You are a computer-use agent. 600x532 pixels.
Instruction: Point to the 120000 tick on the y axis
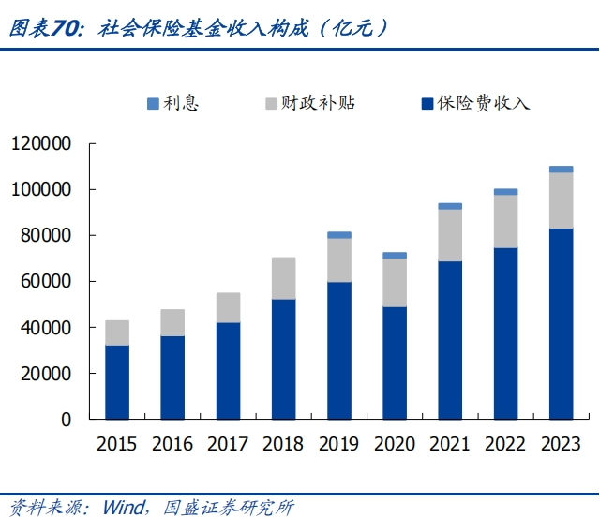(41, 144)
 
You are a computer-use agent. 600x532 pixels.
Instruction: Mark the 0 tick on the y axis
(67, 420)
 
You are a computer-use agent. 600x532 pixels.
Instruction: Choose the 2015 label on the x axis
(116, 444)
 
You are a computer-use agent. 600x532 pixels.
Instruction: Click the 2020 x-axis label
(395, 444)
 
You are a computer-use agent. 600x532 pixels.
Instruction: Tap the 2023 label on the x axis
(561, 444)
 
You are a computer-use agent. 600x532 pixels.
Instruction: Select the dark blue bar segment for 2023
(561, 323)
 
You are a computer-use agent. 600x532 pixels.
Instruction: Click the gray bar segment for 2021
(450, 235)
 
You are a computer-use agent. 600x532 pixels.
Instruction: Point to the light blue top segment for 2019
(339, 235)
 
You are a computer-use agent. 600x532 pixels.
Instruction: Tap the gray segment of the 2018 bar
(283, 278)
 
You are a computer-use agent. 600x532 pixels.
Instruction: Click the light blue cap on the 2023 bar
(561, 170)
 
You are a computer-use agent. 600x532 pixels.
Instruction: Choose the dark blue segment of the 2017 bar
(228, 371)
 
